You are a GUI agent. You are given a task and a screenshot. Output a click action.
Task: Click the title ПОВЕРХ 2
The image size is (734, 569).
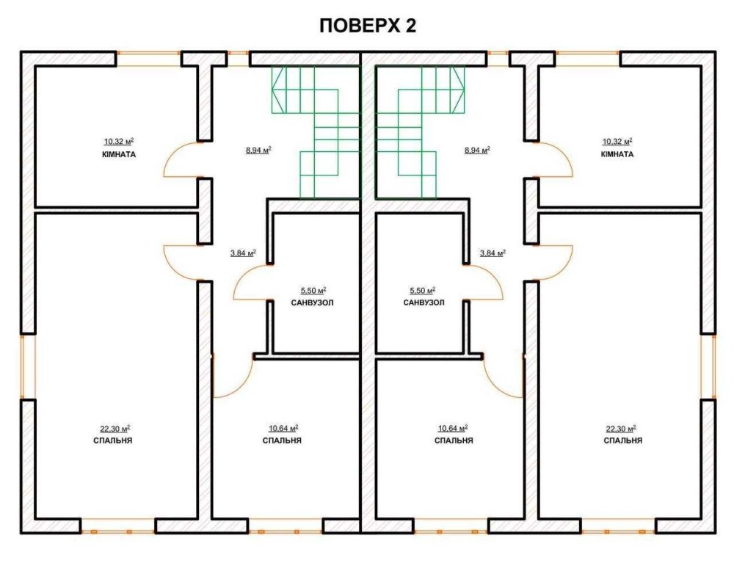click(x=368, y=26)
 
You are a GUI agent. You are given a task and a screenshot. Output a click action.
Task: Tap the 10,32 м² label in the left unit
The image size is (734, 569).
click(x=119, y=141)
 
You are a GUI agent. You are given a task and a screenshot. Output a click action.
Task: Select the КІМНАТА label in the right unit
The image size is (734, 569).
click(x=617, y=154)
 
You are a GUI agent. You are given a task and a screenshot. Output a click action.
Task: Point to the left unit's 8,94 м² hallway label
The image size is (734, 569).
click(x=258, y=151)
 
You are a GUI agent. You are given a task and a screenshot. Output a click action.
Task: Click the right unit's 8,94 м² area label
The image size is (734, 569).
click(x=477, y=151)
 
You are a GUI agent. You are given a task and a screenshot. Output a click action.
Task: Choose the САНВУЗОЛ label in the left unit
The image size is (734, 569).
click(x=312, y=303)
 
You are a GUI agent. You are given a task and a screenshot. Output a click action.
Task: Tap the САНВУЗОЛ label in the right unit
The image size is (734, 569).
click(x=424, y=303)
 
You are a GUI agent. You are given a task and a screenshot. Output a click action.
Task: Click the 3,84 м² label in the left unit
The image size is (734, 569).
click(x=243, y=253)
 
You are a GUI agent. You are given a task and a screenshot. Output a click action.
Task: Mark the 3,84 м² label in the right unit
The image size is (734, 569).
click(x=493, y=253)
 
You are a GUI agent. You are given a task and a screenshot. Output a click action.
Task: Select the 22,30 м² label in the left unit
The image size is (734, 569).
click(x=115, y=429)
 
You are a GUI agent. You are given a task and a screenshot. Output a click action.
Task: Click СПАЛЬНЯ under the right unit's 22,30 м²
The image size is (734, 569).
click(x=622, y=441)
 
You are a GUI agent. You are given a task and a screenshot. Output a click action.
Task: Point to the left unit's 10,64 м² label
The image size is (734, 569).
click(x=283, y=429)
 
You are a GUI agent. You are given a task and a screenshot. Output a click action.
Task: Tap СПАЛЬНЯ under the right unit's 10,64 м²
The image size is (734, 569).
click(x=454, y=441)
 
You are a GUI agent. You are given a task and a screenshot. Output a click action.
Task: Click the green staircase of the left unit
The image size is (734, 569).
click(x=315, y=131)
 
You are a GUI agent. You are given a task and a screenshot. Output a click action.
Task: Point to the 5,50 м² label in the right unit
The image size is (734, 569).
click(x=423, y=291)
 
